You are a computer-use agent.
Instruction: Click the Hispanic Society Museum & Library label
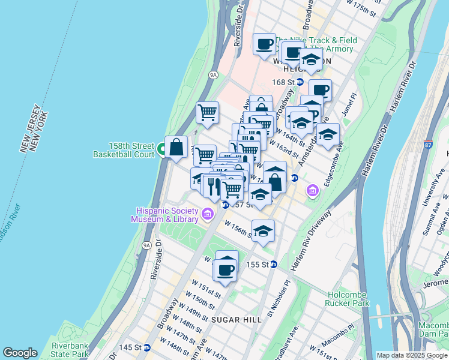click(166, 214)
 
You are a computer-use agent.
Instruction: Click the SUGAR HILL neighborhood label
click(236, 320)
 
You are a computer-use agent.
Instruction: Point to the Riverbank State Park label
click(71, 350)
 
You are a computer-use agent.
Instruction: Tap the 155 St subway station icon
click(273, 264)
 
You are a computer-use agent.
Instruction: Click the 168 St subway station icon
click(300, 82)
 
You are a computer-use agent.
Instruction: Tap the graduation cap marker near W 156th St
click(263, 230)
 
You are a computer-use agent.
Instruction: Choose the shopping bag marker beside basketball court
click(176, 147)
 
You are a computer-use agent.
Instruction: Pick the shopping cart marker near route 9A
click(208, 112)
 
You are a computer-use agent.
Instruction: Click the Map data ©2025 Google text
click(412, 355)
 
